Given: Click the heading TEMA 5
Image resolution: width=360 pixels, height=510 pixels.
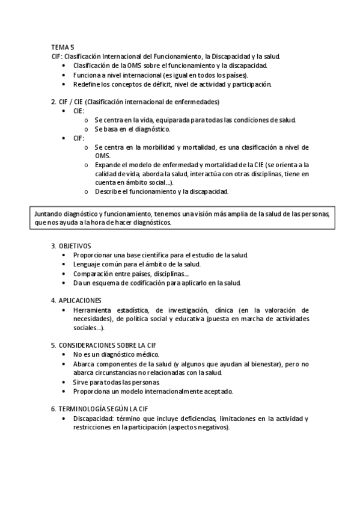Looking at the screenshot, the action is pyautogui.click(x=63, y=46).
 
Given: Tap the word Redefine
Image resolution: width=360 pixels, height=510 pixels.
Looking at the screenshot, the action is pyautogui.click(x=87, y=84).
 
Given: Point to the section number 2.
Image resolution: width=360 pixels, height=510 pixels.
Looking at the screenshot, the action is pyautogui.click(x=53, y=102).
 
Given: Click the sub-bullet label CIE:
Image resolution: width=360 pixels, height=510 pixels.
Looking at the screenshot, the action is pyautogui.click(x=79, y=111).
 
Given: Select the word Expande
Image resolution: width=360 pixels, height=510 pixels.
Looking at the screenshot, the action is pyautogui.click(x=109, y=165).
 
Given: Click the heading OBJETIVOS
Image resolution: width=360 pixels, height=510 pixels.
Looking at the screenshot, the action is pyautogui.click(x=74, y=245).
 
